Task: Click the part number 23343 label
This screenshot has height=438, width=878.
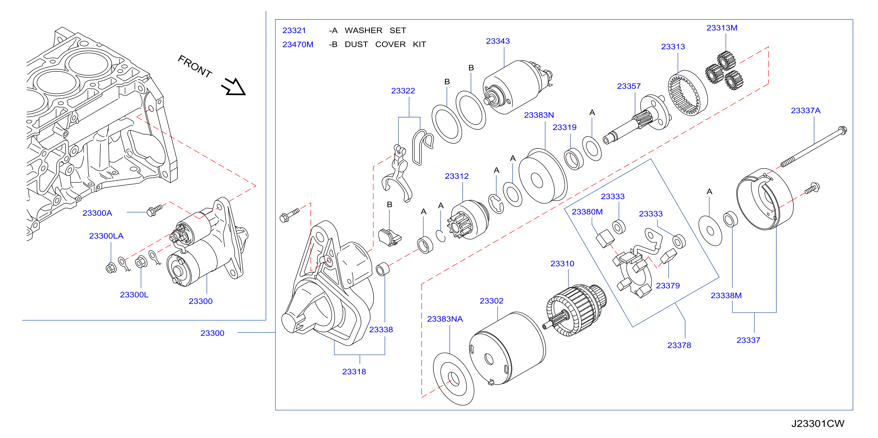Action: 498,41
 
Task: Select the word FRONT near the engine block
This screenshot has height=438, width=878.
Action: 195,66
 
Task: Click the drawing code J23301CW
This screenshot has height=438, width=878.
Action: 817,423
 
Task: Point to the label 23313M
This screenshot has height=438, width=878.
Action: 722,28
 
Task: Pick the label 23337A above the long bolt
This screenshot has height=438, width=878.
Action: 805,110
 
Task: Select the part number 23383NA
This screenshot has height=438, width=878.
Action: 445,319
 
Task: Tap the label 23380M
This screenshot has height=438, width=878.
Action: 587,212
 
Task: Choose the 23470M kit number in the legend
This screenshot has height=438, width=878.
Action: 298,45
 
